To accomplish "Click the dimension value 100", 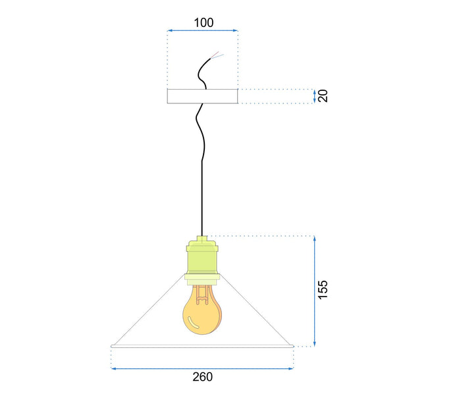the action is [203, 22].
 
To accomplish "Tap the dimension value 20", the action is [323, 96].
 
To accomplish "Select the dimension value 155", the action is [323, 290].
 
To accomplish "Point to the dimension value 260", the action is [203, 377].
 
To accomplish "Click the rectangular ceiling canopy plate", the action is [203, 96].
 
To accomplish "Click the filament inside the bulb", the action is [203, 295].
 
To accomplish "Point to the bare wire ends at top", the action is [217, 55].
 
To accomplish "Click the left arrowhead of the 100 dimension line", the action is [169, 30].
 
